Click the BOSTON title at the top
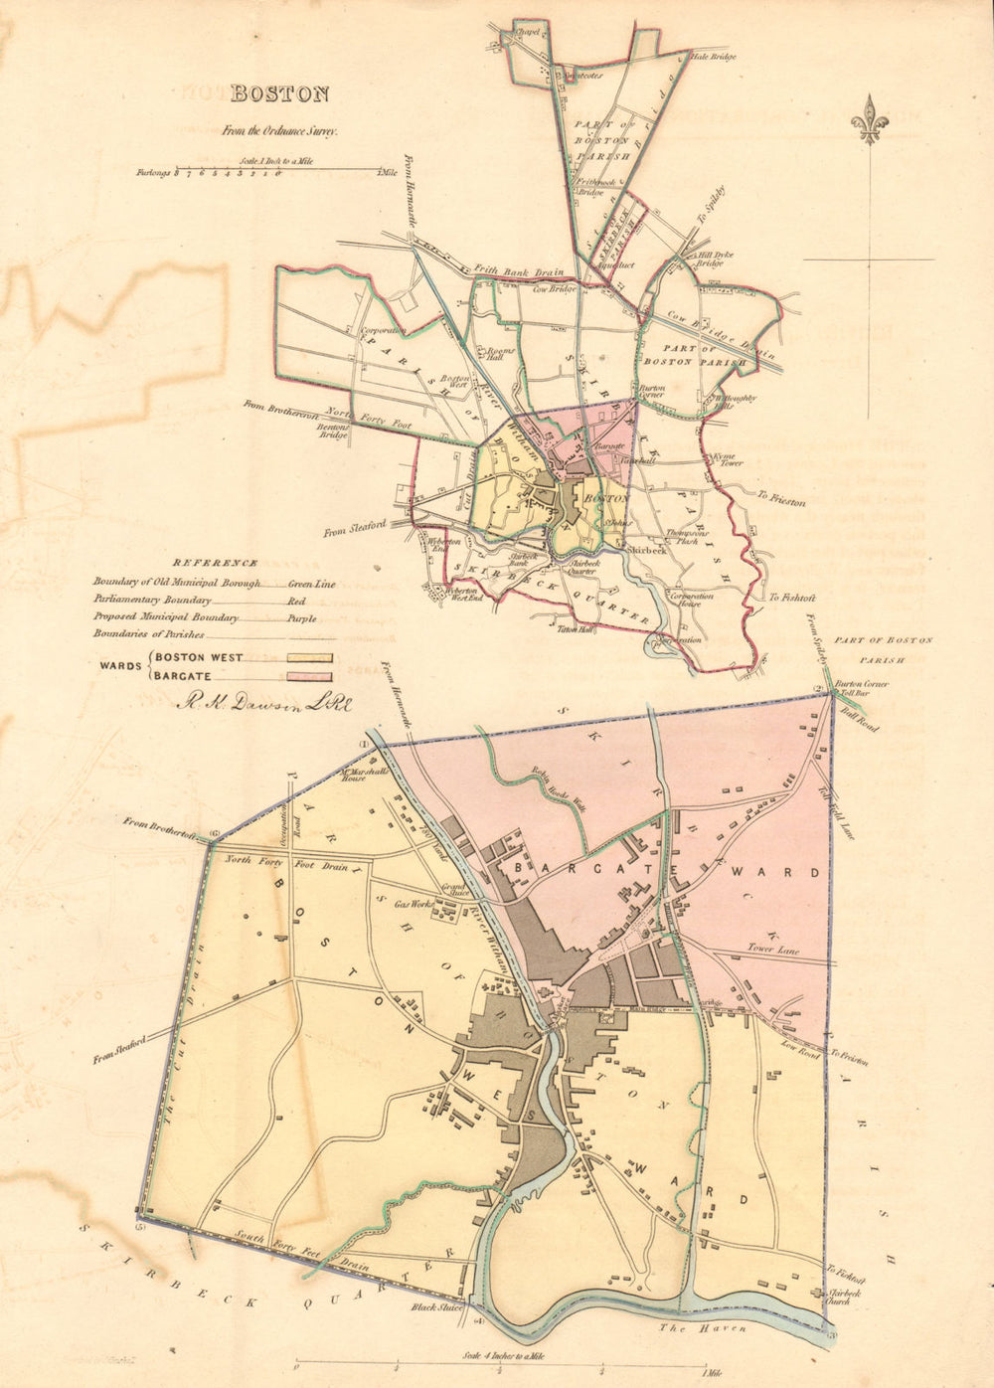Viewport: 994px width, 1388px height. coord(279,94)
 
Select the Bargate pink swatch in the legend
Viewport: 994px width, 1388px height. coord(309,676)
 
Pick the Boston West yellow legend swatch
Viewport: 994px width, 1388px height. coord(309,657)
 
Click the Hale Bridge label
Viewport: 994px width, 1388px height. coord(714,58)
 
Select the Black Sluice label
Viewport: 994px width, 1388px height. coord(437,1307)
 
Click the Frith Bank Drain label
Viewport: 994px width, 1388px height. coord(518,270)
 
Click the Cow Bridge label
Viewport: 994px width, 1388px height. coord(555,290)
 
